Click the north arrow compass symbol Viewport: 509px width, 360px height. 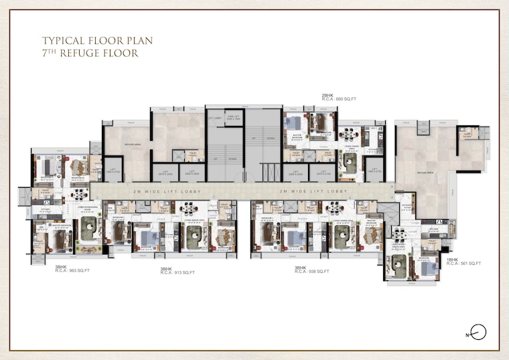(478, 331)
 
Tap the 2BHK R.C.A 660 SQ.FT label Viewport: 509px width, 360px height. (338, 97)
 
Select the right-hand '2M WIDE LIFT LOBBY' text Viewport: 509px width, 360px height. (313, 192)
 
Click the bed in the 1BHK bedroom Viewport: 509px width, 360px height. (426, 268)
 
